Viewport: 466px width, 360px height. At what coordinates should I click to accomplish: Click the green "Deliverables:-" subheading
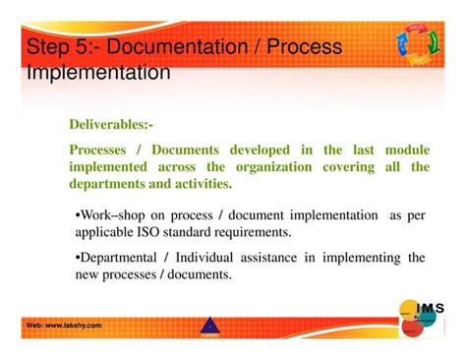[110, 126]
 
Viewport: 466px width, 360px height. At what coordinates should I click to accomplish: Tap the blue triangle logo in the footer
[207, 325]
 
